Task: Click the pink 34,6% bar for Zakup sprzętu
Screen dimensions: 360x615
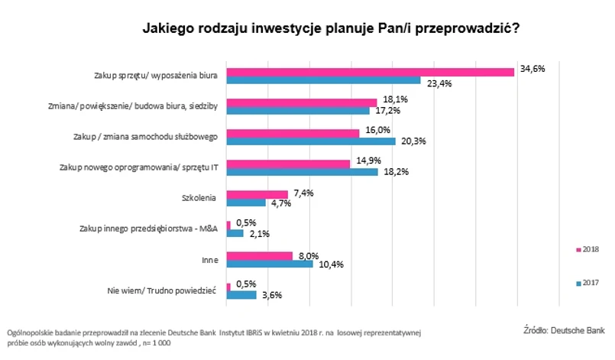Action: tap(371, 72)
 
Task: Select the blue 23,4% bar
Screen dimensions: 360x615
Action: tap(324, 80)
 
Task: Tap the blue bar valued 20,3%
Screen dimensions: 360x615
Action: tap(312, 141)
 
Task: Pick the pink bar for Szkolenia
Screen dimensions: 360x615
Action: tap(257, 194)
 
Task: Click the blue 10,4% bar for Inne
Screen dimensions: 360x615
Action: tap(270, 264)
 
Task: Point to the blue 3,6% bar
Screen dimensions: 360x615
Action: tap(241, 294)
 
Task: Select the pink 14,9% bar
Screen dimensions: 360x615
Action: tap(289, 164)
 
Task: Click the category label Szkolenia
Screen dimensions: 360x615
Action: tap(202, 198)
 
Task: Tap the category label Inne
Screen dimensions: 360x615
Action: tap(210, 260)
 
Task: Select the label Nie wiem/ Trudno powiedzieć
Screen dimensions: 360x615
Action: tap(167, 290)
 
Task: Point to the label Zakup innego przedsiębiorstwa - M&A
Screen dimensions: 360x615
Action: tap(149, 229)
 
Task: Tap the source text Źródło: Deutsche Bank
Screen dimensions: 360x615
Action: tap(564, 330)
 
